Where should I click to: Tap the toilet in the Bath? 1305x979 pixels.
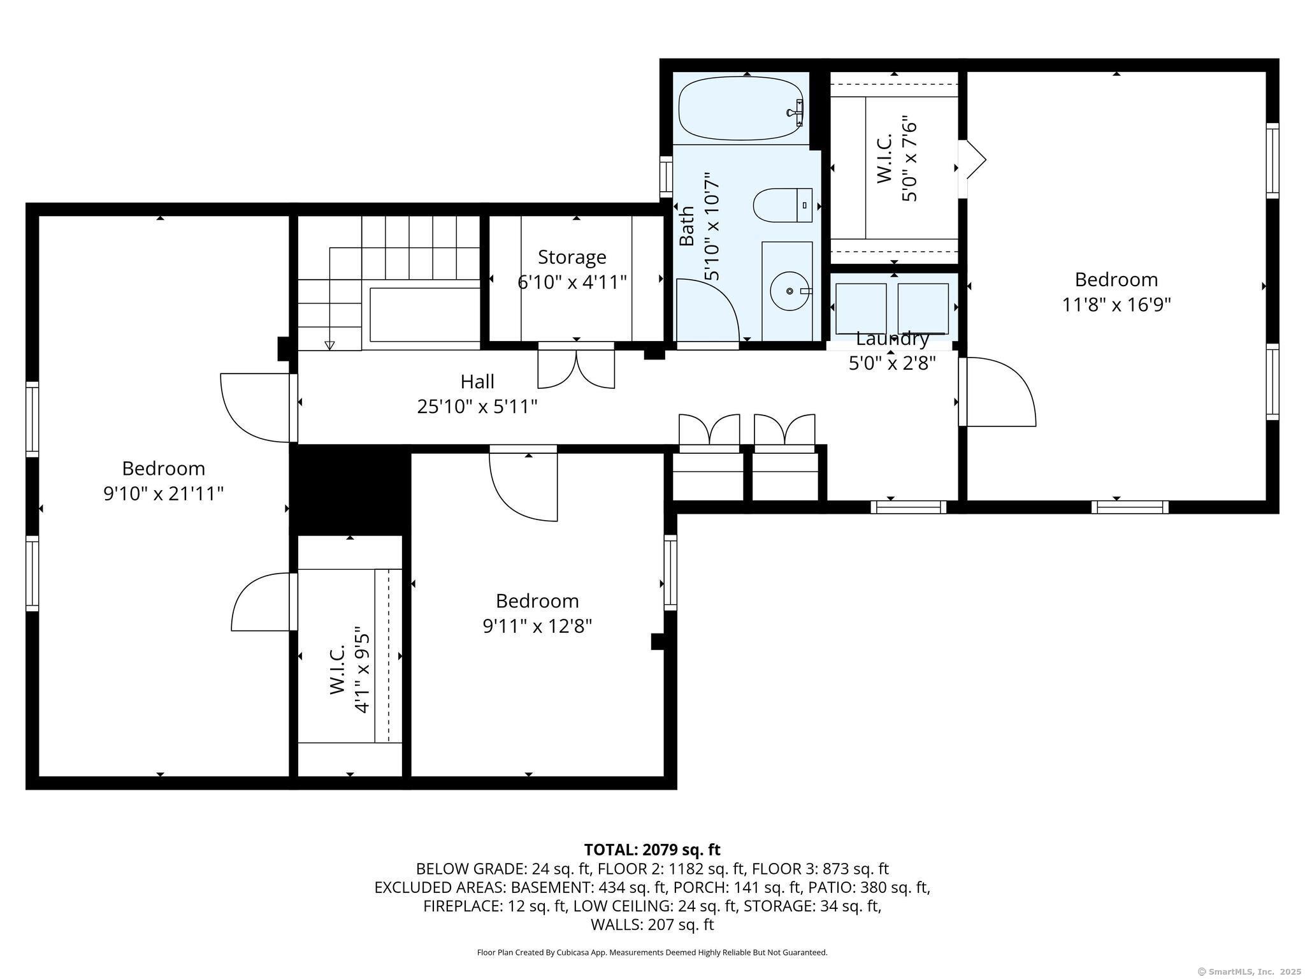782,205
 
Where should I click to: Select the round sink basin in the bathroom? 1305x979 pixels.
789,291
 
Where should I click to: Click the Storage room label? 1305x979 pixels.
572,257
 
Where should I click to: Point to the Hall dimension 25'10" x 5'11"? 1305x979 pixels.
477,406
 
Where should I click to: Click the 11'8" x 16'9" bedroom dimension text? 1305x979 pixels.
1116,305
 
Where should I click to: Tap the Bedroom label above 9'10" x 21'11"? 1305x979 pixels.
163,468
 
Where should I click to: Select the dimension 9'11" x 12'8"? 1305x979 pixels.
537,626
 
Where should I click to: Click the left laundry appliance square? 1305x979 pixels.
860,308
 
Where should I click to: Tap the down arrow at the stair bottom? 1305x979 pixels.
329,345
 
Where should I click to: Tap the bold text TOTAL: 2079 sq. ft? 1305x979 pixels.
652,850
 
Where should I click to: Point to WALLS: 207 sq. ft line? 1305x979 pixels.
652,924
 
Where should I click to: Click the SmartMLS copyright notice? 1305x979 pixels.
1248,971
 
